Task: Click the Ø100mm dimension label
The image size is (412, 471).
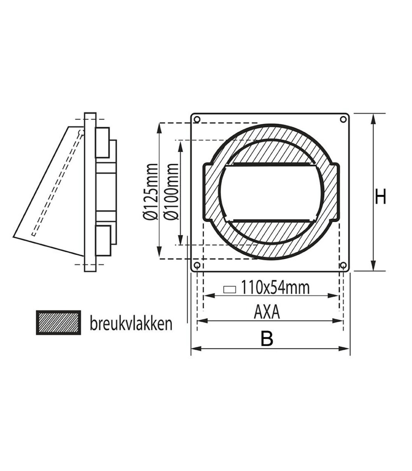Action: click(x=173, y=191)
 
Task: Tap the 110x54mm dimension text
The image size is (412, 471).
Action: click(x=275, y=288)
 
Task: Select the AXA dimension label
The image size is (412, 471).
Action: click(x=267, y=312)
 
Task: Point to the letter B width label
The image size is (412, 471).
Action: click(x=267, y=339)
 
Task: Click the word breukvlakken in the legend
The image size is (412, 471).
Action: click(x=131, y=323)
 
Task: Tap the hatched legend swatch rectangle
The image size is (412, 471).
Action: click(x=58, y=322)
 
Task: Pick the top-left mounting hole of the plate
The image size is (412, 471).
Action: click(x=197, y=119)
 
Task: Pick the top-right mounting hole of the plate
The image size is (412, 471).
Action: click(x=343, y=119)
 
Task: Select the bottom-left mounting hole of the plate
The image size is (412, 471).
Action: click(x=197, y=265)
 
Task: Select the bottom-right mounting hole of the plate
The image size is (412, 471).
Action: click(x=343, y=265)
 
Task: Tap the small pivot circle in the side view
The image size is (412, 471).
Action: click(x=80, y=132)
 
